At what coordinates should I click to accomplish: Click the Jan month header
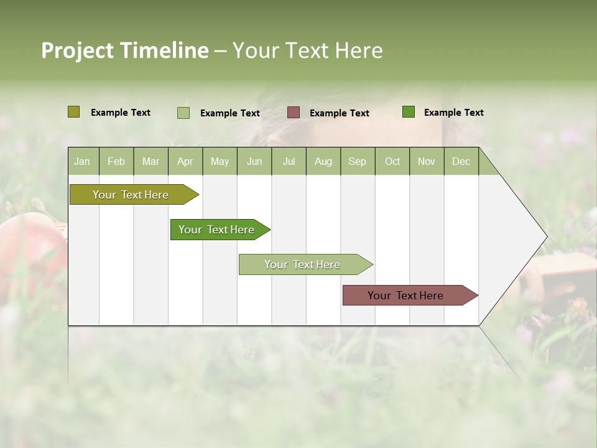click(82, 161)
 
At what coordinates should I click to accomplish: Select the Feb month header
click(116, 161)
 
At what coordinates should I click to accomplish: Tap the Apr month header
click(185, 161)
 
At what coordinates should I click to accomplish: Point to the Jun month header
click(254, 161)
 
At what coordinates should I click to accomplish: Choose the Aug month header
click(323, 161)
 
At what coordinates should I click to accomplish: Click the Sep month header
click(357, 161)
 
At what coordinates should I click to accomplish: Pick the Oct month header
click(392, 161)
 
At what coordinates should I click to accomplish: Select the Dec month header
click(461, 161)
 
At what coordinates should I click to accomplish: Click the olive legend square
click(73, 112)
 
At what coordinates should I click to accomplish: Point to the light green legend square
click(183, 113)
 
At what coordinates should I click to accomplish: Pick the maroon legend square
click(294, 112)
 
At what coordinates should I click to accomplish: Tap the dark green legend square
click(409, 112)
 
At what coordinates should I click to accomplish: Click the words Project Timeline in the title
click(124, 50)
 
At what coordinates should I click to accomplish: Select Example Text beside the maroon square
click(339, 113)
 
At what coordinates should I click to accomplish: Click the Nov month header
click(426, 161)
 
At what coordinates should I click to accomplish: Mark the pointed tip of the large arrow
click(546, 236)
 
